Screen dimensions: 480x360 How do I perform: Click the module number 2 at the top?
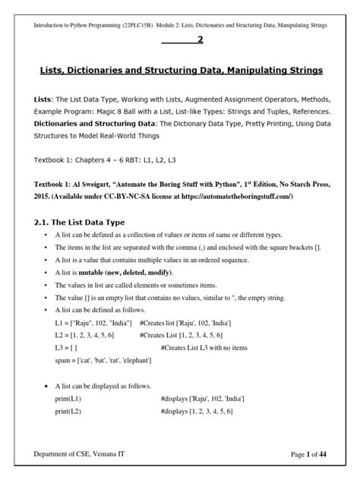click(x=200, y=40)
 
